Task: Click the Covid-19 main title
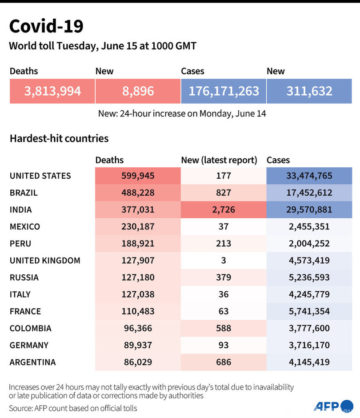(x=46, y=26)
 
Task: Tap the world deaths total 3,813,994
(x=52, y=91)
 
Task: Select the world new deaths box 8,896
(x=138, y=91)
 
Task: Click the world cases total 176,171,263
(x=224, y=91)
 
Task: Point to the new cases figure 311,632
(x=309, y=91)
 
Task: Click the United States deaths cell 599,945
(x=138, y=176)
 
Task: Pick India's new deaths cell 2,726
(x=224, y=209)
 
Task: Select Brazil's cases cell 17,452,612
(x=309, y=193)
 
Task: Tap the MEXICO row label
(x=25, y=227)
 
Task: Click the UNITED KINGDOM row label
(x=45, y=261)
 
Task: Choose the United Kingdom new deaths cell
(x=224, y=261)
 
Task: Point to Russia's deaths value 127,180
(x=138, y=277)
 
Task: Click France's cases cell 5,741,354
(x=309, y=311)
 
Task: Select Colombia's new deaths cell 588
(x=224, y=328)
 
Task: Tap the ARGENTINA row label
(x=33, y=362)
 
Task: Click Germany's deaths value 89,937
(x=138, y=345)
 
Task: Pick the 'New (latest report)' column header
(x=219, y=160)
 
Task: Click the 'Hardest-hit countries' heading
(x=59, y=138)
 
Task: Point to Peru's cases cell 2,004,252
(x=309, y=244)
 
